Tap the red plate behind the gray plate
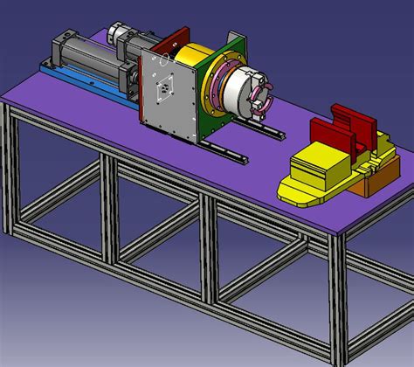pos(175,39)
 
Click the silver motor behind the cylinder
pos(118,35)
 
